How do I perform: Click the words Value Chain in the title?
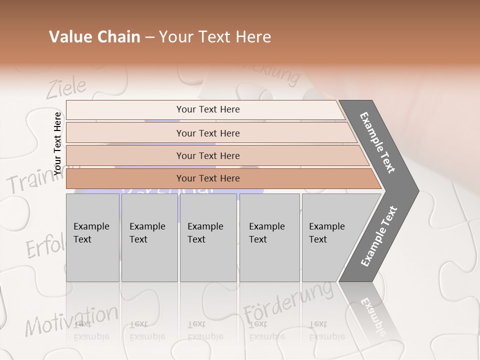pyautogui.click(x=94, y=37)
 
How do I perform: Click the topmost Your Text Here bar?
pyautogui.click(x=207, y=109)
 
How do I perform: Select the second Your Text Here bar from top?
pyautogui.click(x=207, y=133)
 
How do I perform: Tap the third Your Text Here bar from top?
pyautogui.click(x=207, y=155)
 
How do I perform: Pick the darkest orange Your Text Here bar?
pyautogui.click(x=207, y=178)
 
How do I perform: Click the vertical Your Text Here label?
pyautogui.click(x=57, y=143)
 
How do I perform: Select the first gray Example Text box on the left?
pyautogui.click(x=92, y=237)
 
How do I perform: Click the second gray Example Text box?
pyautogui.click(x=149, y=237)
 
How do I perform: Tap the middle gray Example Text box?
pyautogui.click(x=208, y=237)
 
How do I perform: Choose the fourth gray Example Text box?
pyautogui.click(x=269, y=237)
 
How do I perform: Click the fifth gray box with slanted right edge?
pyautogui.click(x=330, y=237)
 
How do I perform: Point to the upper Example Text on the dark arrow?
pyautogui.click(x=378, y=142)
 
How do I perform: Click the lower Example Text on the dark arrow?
pyautogui.click(x=378, y=236)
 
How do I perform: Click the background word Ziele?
pyautogui.click(x=66, y=88)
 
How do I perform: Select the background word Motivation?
pyautogui.click(x=71, y=320)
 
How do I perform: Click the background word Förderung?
pyautogui.click(x=288, y=302)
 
